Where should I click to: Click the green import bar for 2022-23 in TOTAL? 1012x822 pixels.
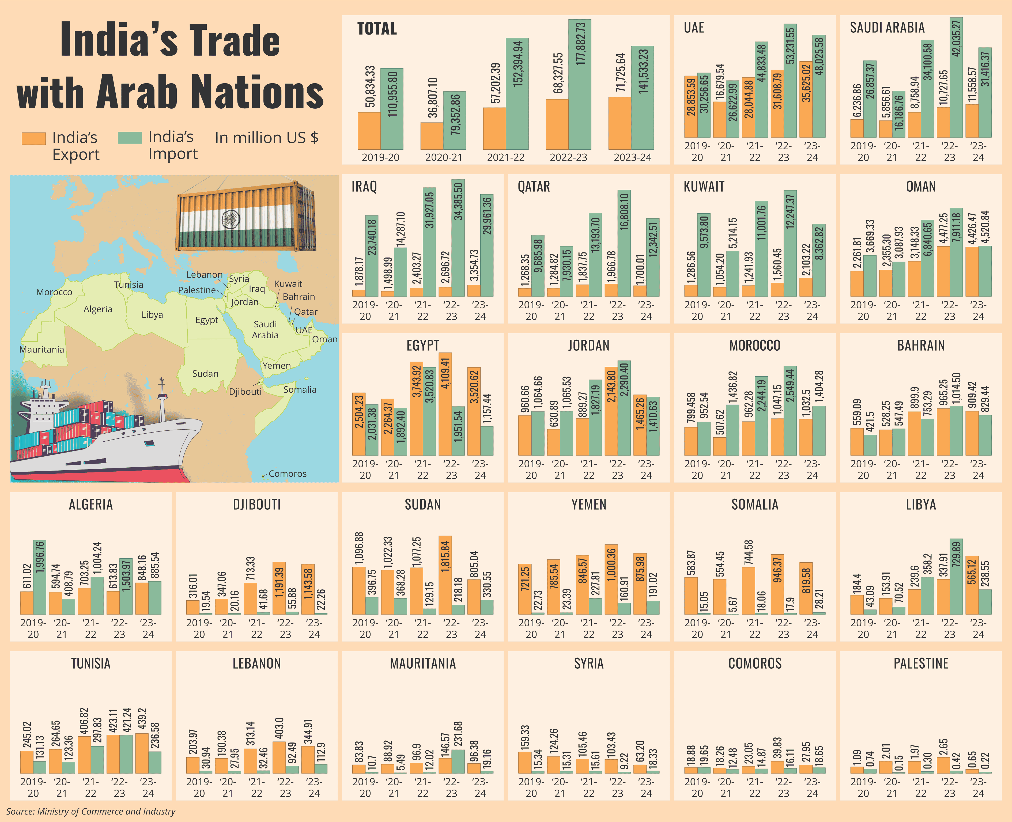(580, 85)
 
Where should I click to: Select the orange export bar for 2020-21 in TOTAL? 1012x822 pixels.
(431, 136)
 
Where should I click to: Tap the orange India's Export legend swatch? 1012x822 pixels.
(34, 138)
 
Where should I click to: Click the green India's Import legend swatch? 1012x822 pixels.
(130, 137)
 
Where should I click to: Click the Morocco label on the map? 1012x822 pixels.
(54, 292)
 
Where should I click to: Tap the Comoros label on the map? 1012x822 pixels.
(288, 473)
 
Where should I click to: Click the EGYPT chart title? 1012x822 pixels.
(422, 345)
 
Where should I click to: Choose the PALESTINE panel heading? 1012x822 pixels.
(921, 663)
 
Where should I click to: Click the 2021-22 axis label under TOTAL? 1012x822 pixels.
(506, 157)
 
